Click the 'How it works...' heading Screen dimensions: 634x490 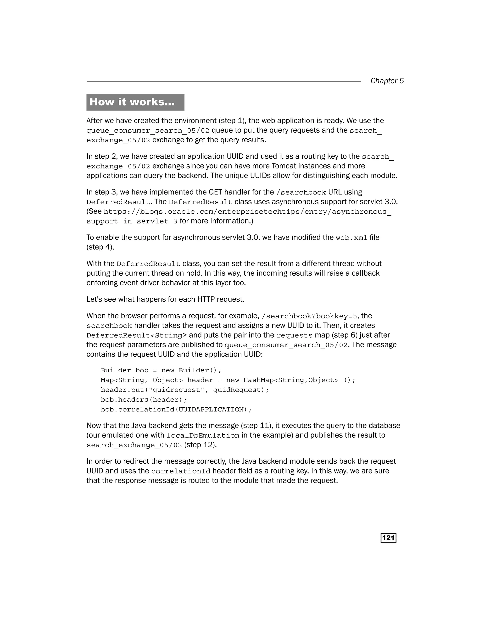pos(132,102)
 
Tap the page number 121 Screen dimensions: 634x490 pos(388,538)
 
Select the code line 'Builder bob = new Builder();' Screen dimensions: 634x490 pos(161,370)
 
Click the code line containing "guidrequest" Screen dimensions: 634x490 pos(185,390)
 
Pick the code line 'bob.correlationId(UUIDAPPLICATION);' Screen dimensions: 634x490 pos(176,410)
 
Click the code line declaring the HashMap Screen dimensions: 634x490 pos(228,380)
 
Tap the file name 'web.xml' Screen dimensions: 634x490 pos(351,238)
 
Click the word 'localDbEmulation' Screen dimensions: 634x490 pos(203,435)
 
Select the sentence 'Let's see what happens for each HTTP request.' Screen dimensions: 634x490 pos(165,299)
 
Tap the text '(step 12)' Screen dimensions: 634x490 pos(200,445)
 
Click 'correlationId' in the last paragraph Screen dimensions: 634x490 pos(181,471)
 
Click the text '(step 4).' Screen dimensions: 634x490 pos(100,247)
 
